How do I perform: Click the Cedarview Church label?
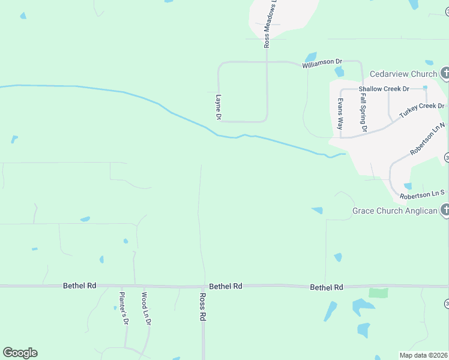(x=403, y=74)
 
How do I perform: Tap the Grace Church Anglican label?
(x=394, y=211)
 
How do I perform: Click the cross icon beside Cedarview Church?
(x=445, y=74)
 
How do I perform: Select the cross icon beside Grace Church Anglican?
(x=445, y=210)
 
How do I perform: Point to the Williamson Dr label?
(x=322, y=61)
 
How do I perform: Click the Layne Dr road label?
(x=218, y=107)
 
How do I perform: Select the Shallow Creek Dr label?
(x=384, y=89)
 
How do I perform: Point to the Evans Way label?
(x=340, y=114)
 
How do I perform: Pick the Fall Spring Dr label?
(x=363, y=112)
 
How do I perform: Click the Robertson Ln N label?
(x=427, y=140)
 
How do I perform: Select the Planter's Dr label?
(x=124, y=308)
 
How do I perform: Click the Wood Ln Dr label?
(x=146, y=308)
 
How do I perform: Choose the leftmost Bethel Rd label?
(x=79, y=286)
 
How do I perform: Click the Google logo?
(x=20, y=353)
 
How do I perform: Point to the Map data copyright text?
(x=424, y=355)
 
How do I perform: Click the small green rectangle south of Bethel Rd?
(x=378, y=293)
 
